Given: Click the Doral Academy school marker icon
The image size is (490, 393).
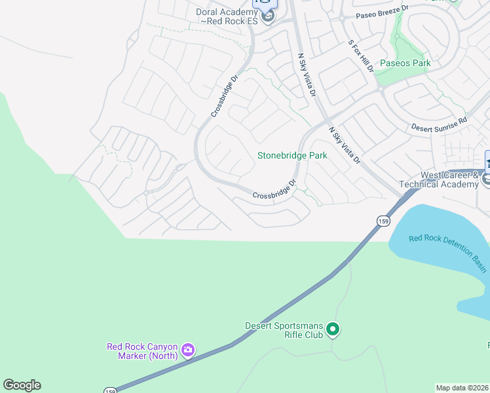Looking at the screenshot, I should point(267,17).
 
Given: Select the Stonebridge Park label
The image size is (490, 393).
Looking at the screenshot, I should point(292,156).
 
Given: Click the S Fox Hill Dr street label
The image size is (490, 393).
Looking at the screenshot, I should point(360,56).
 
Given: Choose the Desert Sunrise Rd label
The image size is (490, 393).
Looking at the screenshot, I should point(439,124).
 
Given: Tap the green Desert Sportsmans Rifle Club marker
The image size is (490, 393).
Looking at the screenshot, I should point(333,329).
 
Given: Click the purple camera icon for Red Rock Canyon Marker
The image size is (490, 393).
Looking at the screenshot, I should point(188,350).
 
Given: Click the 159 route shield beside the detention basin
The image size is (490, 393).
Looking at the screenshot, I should point(383,221).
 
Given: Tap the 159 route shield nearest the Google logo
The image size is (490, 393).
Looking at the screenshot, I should point(110,390).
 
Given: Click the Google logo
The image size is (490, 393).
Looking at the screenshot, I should point(22,385).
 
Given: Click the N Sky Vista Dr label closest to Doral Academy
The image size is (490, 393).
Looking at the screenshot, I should point(307,75).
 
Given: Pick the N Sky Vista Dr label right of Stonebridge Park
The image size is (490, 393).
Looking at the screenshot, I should point(345,145).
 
